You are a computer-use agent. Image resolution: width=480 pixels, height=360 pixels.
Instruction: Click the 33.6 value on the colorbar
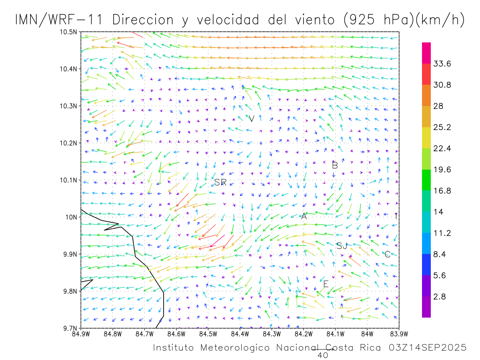point(442,64)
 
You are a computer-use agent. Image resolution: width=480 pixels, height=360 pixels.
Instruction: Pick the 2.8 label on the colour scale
point(440,297)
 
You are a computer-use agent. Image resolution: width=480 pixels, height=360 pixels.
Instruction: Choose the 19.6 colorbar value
point(442,170)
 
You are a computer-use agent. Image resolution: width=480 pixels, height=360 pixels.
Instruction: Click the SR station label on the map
point(220,182)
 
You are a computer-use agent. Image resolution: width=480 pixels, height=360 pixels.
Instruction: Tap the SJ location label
point(342,246)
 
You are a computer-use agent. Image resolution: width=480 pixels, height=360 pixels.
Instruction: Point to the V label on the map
point(252,119)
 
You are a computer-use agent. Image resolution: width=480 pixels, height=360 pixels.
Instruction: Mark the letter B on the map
point(335,165)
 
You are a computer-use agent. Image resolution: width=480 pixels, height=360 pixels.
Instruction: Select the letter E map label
point(326,284)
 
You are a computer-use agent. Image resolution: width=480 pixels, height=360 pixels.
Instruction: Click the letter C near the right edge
point(387,254)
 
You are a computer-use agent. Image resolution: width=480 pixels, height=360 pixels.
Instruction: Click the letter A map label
point(304,216)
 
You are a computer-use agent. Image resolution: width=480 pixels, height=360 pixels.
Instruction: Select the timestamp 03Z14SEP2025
point(428,348)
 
